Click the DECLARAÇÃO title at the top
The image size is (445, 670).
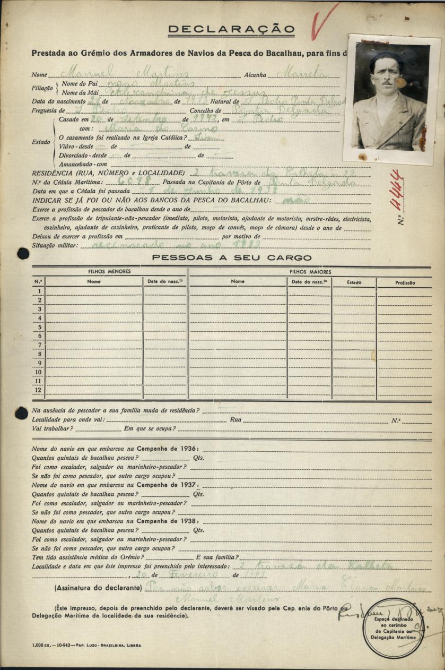point(231,29)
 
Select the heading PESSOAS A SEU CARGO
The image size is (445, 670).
point(232,258)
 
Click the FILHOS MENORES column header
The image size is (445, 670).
point(109,271)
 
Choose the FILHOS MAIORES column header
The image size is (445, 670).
point(310,271)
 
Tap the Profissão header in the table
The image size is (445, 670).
point(405,282)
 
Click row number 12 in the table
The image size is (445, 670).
point(38,390)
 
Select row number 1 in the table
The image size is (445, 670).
point(38,291)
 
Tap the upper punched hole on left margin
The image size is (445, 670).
point(23,253)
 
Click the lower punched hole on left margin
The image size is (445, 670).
point(22,413)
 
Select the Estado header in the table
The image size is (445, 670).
point(354,282)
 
